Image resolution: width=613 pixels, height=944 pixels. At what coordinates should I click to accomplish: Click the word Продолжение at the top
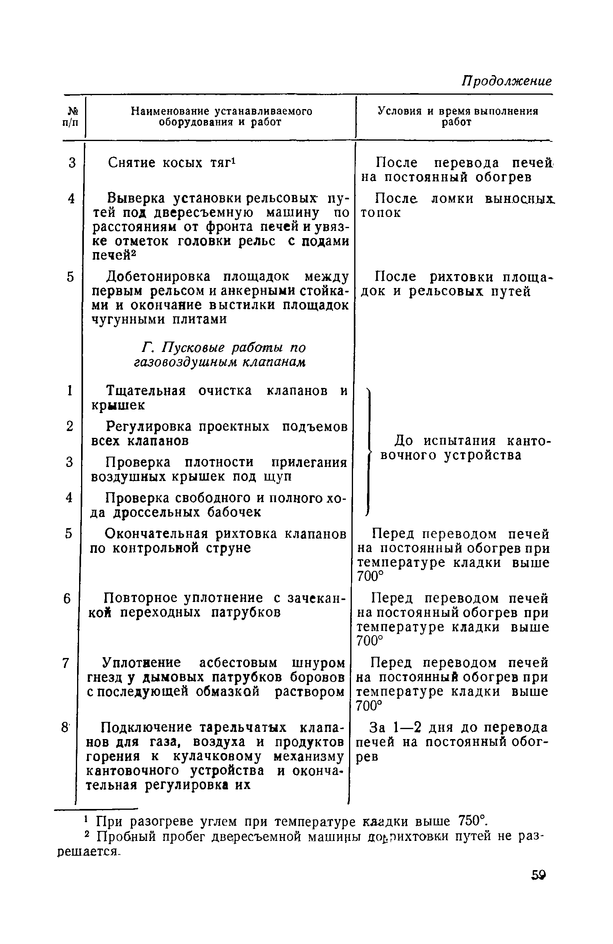[x=507, y=81]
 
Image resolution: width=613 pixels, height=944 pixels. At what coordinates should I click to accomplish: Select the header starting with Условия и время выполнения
[x=458, y=111]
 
